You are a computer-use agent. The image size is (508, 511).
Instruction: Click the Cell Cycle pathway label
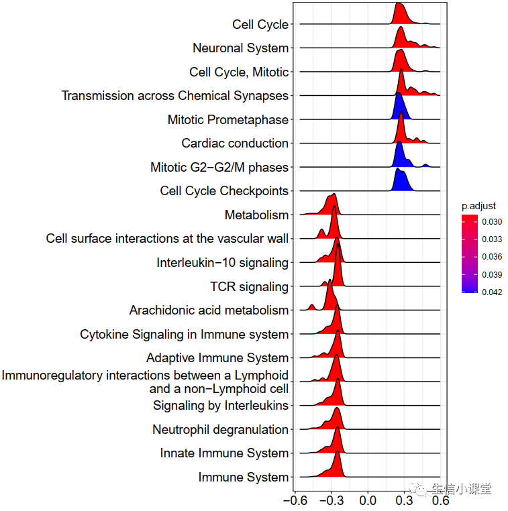260,25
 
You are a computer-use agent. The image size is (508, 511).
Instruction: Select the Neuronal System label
240,48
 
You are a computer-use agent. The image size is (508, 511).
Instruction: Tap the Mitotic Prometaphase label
227,120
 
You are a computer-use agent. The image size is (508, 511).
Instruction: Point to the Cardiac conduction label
235,144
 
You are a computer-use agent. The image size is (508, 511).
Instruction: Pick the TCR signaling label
249,287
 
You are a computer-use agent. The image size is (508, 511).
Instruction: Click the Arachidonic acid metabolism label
209,310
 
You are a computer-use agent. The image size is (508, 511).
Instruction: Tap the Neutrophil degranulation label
220,430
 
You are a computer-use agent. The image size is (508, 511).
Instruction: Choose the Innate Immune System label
224,453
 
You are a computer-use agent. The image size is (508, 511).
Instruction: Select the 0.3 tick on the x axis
404,500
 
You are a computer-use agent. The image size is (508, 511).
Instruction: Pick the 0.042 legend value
491,292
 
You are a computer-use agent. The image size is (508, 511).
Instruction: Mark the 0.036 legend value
491,257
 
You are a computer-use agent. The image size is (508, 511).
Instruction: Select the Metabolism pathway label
256,215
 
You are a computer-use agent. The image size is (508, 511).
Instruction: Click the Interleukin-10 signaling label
222,263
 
